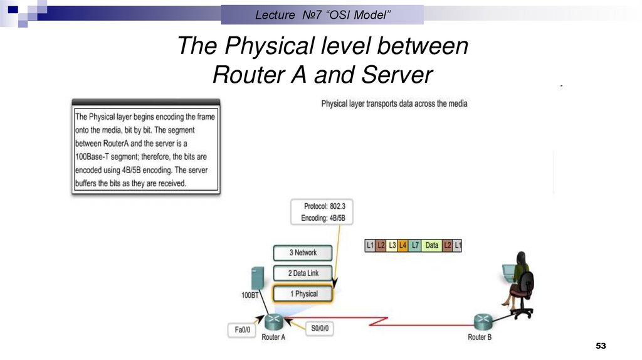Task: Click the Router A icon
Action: click(x=273, y=322)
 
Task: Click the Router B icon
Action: click(x=481, y=322)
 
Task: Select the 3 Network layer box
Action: click(x=303, y=253)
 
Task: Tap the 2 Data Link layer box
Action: click(x=303, y=273)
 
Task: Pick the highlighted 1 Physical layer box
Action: click(x=303, y=294)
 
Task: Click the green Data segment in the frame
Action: click(x=432, y=245)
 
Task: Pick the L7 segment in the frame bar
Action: click(x=414, y=245)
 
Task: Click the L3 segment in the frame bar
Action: click(x=392, y=245)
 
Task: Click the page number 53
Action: click(x=601, y=346)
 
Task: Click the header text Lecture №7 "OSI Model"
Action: click(x=322, y=14)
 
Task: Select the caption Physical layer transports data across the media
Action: click(x=394, y=103)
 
